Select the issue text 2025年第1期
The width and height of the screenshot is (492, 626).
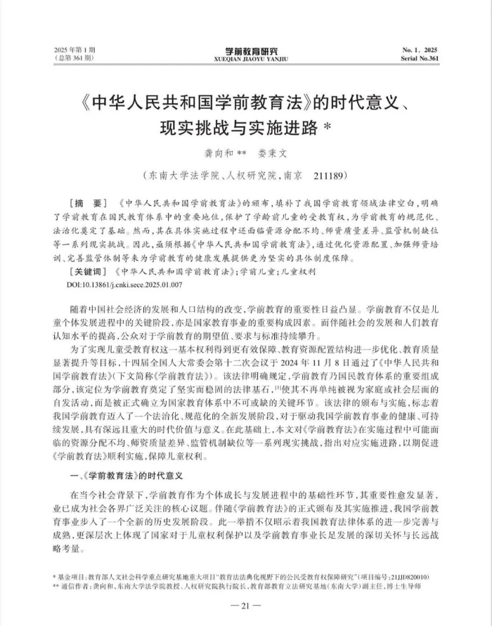coord(73,51)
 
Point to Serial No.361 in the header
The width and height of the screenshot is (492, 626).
coord(420,58)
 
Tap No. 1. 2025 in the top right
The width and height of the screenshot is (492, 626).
coord(420,51)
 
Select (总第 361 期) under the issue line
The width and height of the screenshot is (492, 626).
coord(73,58)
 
